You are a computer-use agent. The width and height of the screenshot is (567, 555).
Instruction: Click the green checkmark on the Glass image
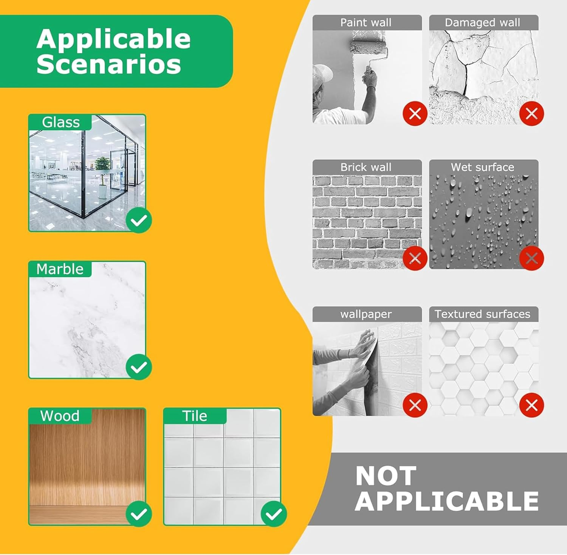139,220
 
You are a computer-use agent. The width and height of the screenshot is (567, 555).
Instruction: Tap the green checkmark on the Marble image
139,367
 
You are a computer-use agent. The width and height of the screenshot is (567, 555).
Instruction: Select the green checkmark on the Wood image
139,513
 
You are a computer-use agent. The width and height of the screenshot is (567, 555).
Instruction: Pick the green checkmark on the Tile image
274,513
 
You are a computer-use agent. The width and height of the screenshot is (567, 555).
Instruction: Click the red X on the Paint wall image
415,113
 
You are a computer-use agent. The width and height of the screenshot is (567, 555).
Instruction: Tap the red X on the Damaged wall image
531,113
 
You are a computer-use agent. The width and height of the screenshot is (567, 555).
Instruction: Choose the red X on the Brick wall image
415,258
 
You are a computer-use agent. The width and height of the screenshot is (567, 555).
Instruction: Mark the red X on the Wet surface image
531,258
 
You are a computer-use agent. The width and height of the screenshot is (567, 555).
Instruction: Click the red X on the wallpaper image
415,405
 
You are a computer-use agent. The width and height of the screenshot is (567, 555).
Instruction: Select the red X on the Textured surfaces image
531,405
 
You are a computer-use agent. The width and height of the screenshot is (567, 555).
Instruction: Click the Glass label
61,122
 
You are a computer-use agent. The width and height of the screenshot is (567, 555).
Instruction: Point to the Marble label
60,269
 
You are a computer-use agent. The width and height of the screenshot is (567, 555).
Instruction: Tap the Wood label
60,416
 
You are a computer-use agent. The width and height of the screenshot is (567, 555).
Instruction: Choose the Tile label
195,416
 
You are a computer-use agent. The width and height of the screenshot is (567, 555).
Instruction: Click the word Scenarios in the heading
109,64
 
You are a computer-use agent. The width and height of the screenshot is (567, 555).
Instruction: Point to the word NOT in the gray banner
386,476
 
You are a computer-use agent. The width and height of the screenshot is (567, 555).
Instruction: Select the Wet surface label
482,167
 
